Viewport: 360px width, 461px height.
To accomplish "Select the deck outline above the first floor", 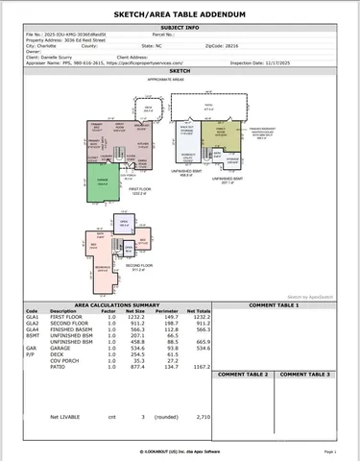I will [x=148, y=111].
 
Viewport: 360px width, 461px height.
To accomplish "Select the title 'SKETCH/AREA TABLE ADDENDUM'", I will [x=179, y=15].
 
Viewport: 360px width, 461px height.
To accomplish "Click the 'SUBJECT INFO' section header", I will [x=179, y=28].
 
